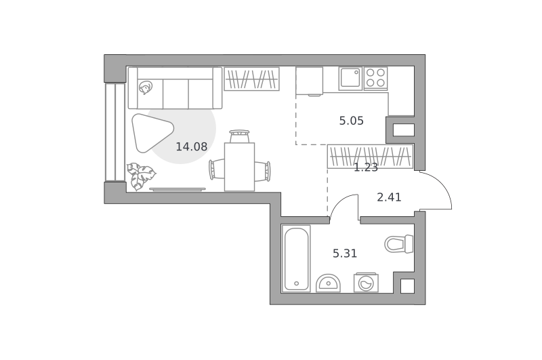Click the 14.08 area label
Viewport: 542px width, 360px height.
(x=192, y=146)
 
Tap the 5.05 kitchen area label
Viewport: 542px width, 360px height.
(x=351, y=121)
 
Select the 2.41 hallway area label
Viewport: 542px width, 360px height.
(x=389, y=197)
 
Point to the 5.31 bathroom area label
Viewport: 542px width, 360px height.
(x=345, y=254)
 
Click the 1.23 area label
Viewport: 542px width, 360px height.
(x=366, y=167)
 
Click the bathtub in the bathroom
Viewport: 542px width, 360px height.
(x=296, y=259)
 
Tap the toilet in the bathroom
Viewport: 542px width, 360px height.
(x=399, y=244)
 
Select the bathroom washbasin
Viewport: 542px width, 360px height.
(x=328, y=283)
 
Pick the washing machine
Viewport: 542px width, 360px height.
(x=366, y=283)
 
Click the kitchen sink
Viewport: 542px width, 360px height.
(x=350, y=79)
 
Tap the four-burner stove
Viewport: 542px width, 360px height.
(x=376, y=78)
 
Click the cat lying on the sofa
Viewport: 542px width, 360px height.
(x=146, y=87)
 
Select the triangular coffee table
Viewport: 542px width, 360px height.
(x=151, y=133)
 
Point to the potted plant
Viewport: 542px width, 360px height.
(x=140, y=176)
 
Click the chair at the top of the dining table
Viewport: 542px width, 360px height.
(x=239, y=136)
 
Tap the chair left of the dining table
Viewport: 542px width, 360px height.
(x=217, y=169)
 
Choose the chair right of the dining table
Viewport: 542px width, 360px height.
(x=263, y=171)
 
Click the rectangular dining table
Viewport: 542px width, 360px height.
(x=240, y=167)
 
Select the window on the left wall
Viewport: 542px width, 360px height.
(x=115, y=132)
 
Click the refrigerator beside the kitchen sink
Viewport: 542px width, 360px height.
(x=310, y=81)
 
